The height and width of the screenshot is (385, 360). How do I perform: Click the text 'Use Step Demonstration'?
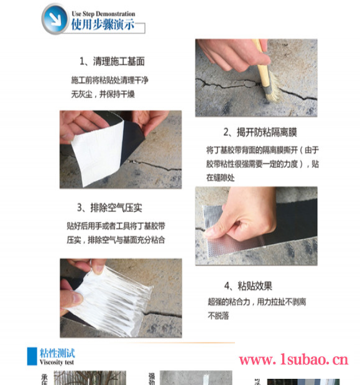(x=103, y=14)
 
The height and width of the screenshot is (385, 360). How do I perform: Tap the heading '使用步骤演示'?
(x=103, y=25)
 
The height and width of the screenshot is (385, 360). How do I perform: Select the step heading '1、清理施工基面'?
(x=111, y=61)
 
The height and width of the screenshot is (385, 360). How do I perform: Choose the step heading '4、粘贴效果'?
(x=247, y=286)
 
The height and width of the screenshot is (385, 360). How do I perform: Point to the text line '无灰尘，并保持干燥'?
(x=103, y=94)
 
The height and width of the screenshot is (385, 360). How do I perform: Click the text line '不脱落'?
(x=219, y=315)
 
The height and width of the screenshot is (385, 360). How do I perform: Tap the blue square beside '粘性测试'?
(x=32, y=356)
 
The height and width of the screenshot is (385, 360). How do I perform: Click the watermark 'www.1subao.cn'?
(x=293, y=360)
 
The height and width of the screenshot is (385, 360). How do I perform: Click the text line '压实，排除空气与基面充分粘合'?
(x=116, y=240)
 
